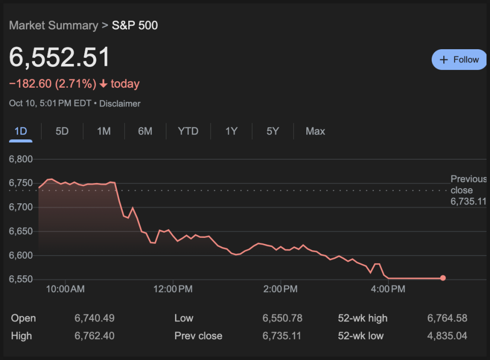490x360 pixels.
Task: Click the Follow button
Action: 459,60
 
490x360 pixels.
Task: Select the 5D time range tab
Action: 62,131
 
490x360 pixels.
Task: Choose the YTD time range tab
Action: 188,131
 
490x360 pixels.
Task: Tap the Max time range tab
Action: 315,131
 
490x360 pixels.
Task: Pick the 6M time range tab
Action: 145,131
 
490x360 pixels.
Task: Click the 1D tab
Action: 21,131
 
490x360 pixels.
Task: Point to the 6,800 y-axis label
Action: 21,159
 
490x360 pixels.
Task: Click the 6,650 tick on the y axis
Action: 21,232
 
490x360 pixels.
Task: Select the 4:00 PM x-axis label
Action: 389,290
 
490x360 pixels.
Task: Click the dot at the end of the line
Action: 443,278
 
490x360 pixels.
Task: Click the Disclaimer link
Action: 120,103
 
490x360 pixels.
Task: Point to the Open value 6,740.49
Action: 94,318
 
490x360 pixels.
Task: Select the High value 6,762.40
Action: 94,336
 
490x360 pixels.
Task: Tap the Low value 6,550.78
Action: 282,318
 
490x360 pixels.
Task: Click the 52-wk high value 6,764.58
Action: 447,318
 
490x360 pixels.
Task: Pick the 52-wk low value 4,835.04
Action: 447,336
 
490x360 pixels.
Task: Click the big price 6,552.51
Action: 60,58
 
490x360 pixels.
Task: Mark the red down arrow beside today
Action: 103,84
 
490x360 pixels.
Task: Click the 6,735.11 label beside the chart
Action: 468,201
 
